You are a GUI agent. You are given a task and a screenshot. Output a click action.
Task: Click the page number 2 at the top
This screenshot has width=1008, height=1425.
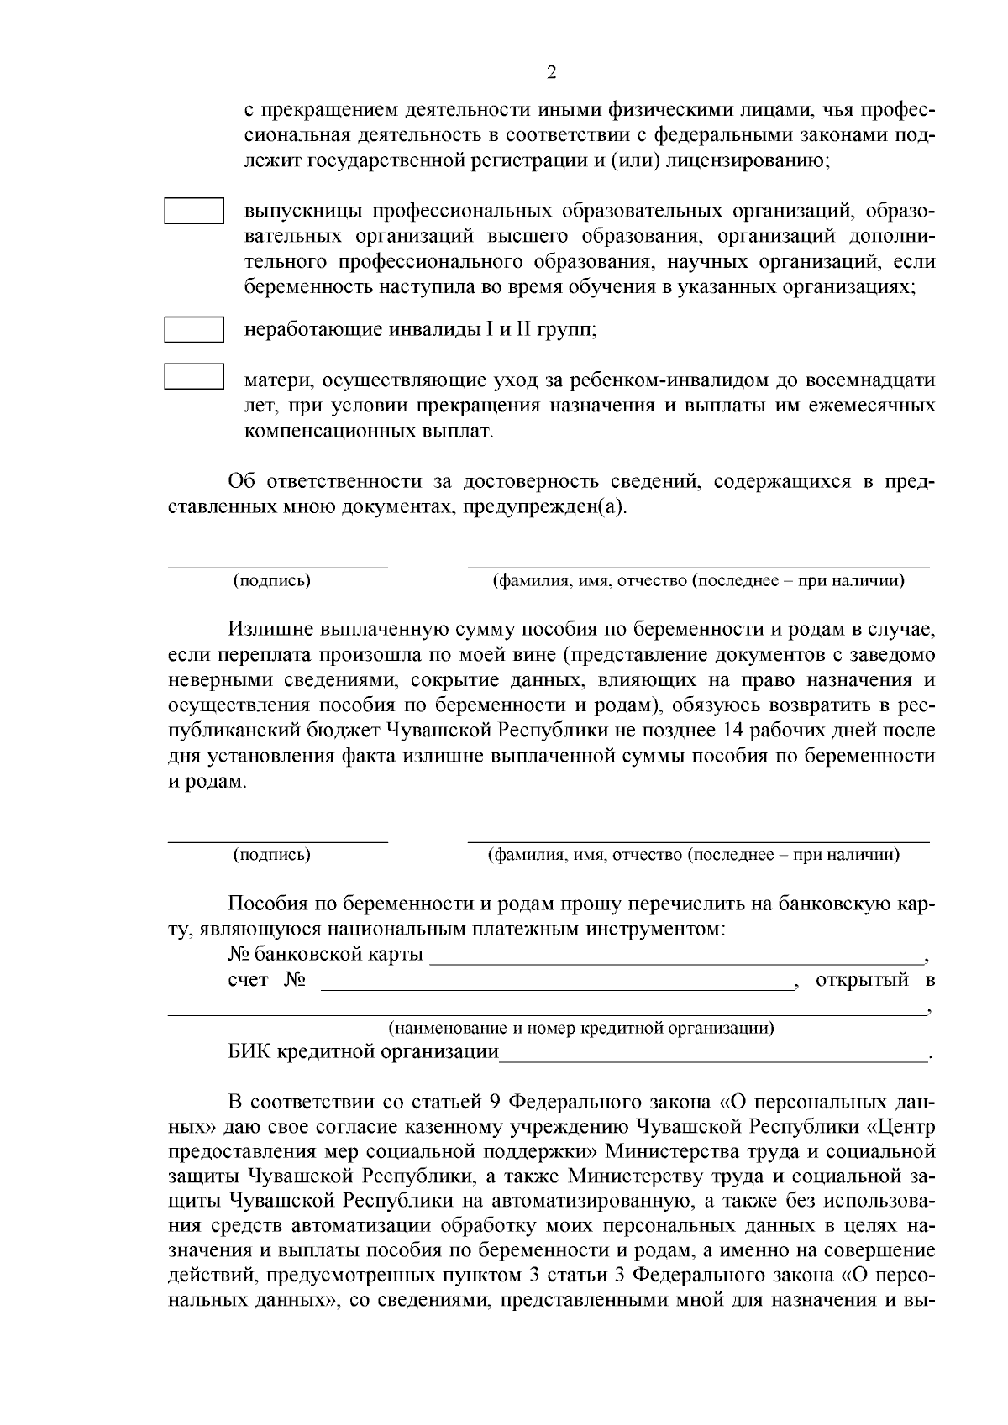tap(551, 72)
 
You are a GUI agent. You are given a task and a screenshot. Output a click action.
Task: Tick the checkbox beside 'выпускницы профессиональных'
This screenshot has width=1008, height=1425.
tap(193, 210)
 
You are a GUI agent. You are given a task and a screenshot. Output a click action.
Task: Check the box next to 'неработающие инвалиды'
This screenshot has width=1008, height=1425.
tap(193, 329)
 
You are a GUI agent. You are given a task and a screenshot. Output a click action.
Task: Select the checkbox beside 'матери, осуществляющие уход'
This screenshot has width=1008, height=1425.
tap(193, 376)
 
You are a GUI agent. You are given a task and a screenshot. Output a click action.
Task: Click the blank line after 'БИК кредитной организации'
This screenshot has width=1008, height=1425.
tap(714, 1053)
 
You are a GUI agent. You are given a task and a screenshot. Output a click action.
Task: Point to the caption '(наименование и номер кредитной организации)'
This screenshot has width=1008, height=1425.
tap(580, 1028)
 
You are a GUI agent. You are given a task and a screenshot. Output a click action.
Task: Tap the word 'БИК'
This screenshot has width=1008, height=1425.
tap(247, 1052)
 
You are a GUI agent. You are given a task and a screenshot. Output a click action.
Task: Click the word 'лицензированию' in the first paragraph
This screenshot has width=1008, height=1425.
tap(747, 160)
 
